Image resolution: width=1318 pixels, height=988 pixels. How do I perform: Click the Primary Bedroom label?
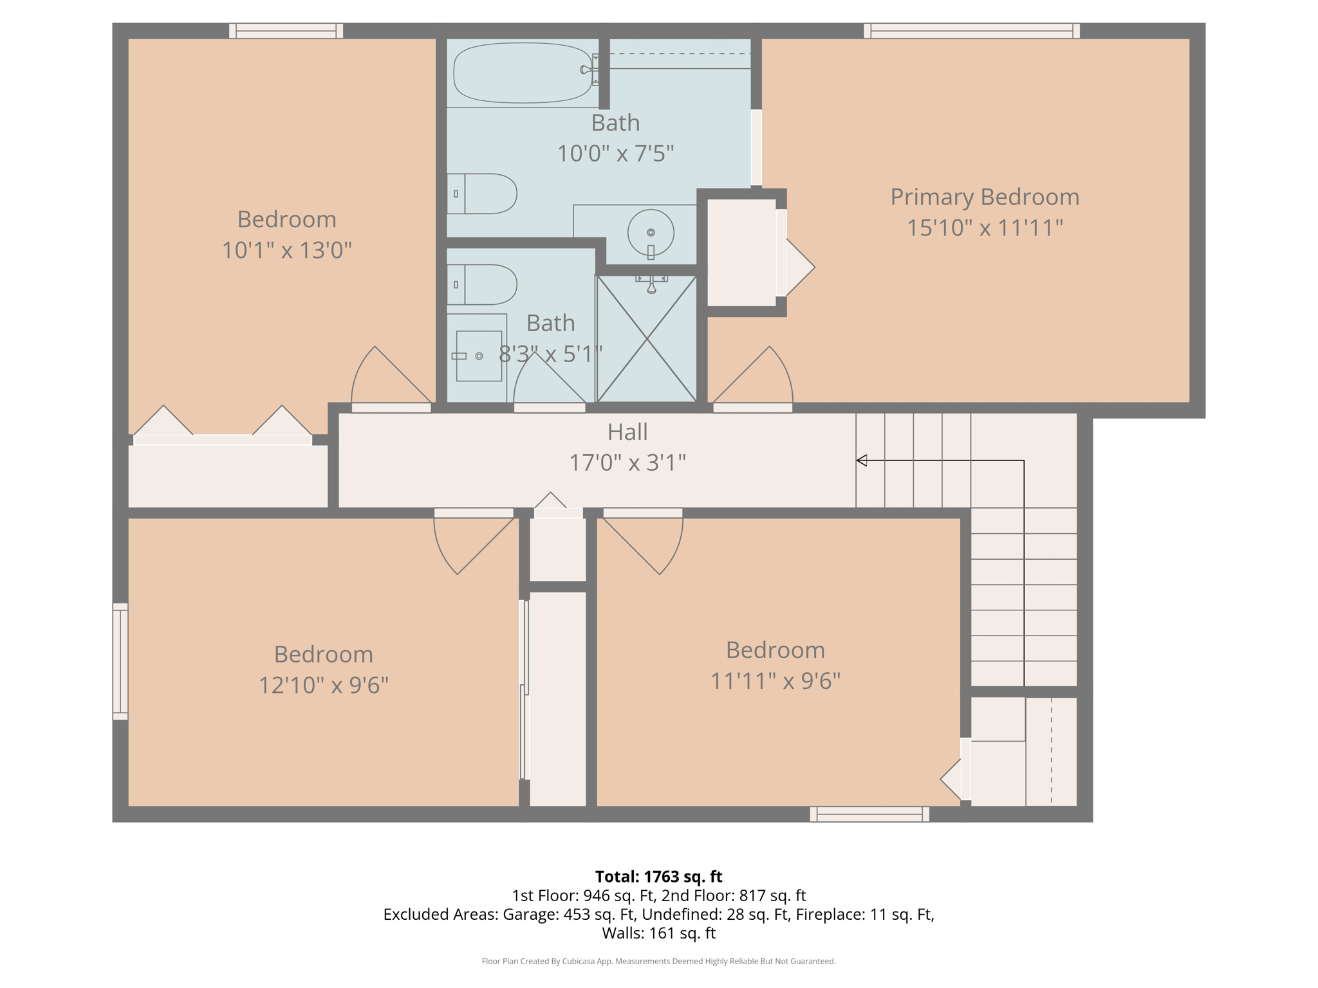[x=984, y=197]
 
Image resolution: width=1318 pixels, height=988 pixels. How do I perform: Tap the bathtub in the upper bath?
[x=523, y=73]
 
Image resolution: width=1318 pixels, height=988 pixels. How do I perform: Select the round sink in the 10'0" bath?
[x=651, y=232]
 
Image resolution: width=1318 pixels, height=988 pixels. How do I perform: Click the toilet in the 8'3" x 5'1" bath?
[x=483, y=284]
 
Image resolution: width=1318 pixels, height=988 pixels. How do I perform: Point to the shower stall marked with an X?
[x=647, y=339]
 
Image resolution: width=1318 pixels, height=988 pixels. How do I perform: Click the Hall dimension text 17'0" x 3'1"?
[x=627, y=462]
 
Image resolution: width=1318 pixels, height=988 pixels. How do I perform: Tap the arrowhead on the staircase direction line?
[x=862, y=460]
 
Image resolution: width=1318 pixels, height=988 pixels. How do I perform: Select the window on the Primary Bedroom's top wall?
[x=971, y=30]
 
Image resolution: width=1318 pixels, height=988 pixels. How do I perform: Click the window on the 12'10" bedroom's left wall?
[x=120, y=661]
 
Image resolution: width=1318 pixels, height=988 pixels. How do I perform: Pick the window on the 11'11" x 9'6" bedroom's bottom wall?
[x=869, y=814]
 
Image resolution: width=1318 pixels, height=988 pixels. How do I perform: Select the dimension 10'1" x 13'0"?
[x=287, y=250]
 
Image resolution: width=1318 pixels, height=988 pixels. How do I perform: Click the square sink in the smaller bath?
[x=478, y=356]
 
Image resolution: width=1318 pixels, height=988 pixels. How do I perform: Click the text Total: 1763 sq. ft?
[x=658, y=877]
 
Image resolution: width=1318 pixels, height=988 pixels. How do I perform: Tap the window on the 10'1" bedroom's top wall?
[x=286, y=30]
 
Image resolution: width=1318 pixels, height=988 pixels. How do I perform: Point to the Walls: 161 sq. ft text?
[x=658, y=933]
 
